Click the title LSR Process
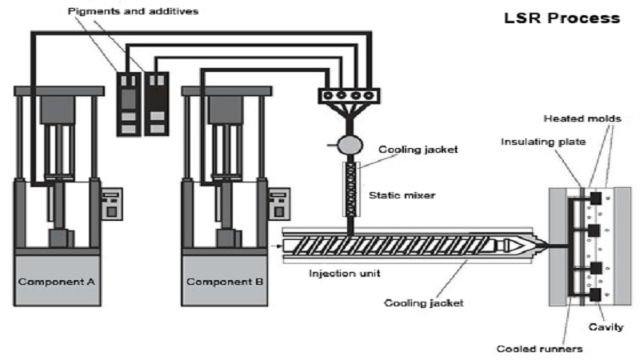pos(560,17)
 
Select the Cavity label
pos(606,326)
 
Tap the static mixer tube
pos(350,189)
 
